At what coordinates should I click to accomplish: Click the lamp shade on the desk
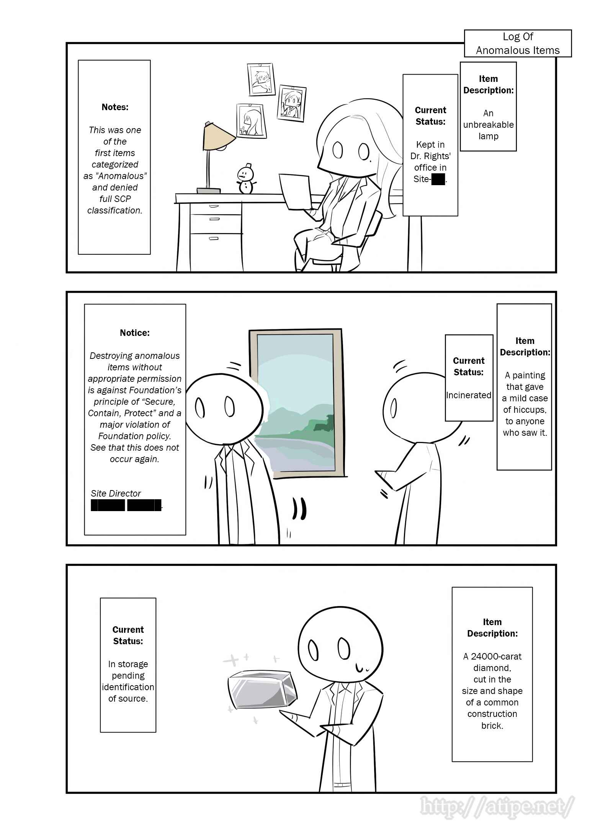[218, 137]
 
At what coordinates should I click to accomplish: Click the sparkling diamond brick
[262, 689]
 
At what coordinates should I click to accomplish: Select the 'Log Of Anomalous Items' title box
[518, 44]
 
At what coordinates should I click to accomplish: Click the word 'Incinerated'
[469, 395]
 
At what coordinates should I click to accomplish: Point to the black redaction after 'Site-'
[438, 179]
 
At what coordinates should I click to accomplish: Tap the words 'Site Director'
[116, 494]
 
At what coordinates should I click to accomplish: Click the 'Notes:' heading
[115, 107]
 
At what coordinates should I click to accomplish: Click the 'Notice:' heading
[135, 333]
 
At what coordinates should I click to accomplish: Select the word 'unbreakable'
[488, 125]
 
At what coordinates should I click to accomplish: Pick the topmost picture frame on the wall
[261, 80]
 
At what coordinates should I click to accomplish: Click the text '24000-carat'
[496, 656]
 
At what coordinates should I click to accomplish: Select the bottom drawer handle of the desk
[214, 238]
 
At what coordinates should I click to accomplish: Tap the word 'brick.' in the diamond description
[492, 726]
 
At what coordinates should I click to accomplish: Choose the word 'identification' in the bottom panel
[128, 687]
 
